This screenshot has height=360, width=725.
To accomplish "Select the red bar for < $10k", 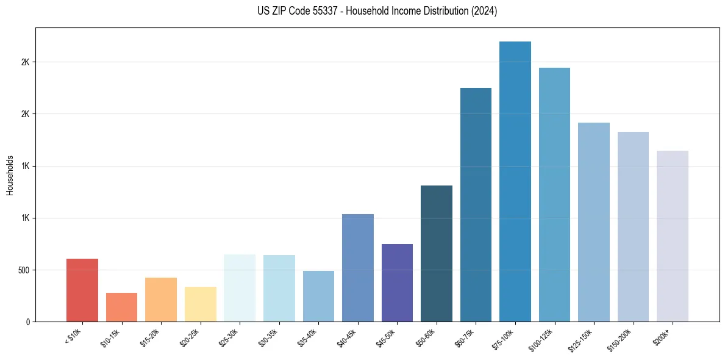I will [x=82, y=290].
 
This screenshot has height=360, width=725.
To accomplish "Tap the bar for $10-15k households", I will [x=121, y=307].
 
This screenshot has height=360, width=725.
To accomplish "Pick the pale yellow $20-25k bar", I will [x=201, y=304].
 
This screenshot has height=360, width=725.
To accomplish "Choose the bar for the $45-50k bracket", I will [x=397, y=283].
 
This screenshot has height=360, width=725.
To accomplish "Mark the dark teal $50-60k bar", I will [x=437, y=253].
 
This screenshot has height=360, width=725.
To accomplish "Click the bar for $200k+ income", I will [x=673, y=236].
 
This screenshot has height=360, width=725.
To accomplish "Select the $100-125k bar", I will [x=554, y=195].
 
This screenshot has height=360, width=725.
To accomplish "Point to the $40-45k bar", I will [x=358, y=268].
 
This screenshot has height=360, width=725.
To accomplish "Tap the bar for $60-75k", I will [x=476, y=204].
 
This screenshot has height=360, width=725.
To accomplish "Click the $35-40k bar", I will [x=318, y=296].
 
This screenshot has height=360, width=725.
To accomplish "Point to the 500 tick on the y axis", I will [x=24, y=270].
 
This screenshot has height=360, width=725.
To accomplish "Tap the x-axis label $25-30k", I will [x=229, y=337].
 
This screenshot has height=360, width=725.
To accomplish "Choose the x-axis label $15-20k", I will [x=150, y=337].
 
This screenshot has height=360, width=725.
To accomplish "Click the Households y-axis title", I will [x=10, y=175].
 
